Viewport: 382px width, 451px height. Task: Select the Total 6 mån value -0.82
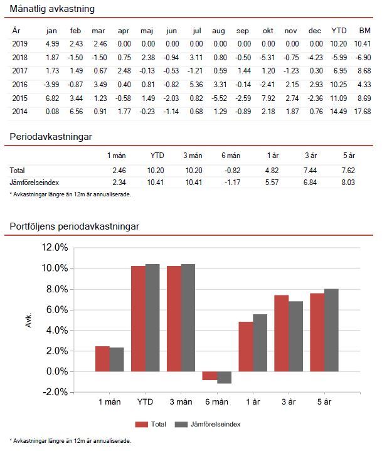231,171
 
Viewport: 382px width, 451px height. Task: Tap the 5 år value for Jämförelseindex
348,182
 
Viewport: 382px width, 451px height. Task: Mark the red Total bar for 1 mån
102,359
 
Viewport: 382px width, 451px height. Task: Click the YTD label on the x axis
145,401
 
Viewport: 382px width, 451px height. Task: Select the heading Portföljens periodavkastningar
74,226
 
